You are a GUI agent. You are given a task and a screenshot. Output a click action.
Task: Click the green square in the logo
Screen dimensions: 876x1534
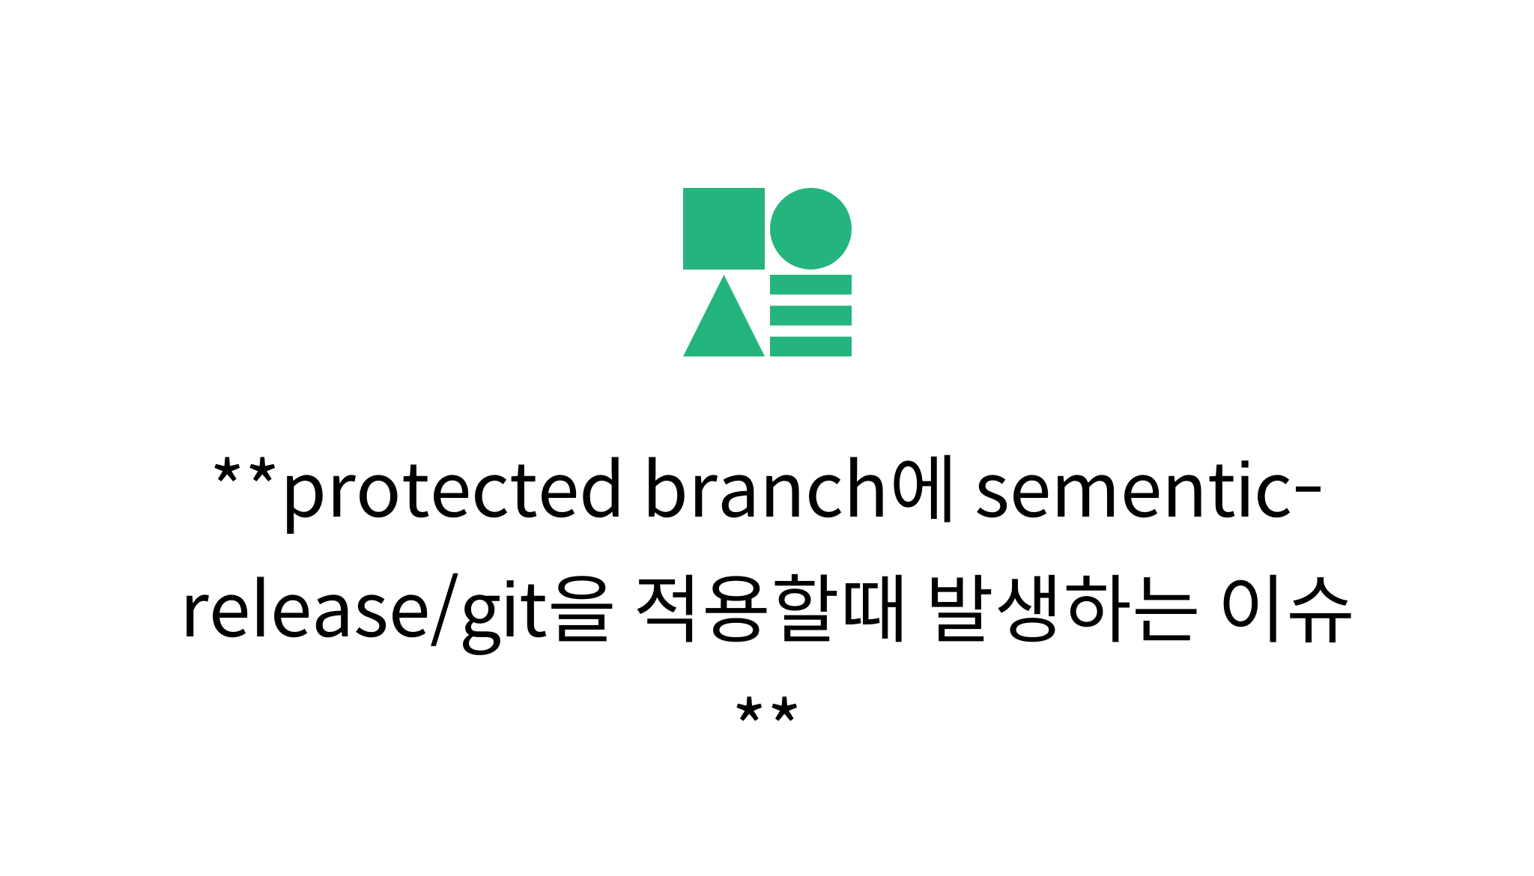(x=724, y=228)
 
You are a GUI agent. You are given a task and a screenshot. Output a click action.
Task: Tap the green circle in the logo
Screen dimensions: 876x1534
(x=810, y=228)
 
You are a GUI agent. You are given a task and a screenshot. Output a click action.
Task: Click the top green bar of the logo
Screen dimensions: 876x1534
(x=810, y=285)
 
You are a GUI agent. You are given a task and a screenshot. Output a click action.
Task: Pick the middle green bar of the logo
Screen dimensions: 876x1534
(x=810, y=315)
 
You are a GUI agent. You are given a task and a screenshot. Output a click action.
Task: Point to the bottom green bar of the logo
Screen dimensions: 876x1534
(x=810, y=346)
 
